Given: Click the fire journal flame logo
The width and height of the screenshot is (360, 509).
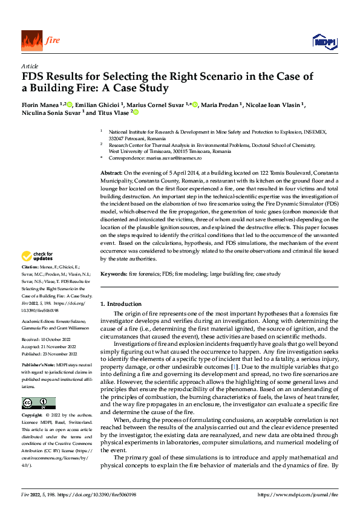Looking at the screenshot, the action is (31, 41).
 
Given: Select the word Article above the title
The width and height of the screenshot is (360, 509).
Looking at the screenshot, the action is (30, 66).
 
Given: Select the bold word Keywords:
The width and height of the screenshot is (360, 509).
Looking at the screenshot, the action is (113, 274).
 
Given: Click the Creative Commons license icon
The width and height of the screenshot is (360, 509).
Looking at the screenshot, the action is (38, 403).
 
